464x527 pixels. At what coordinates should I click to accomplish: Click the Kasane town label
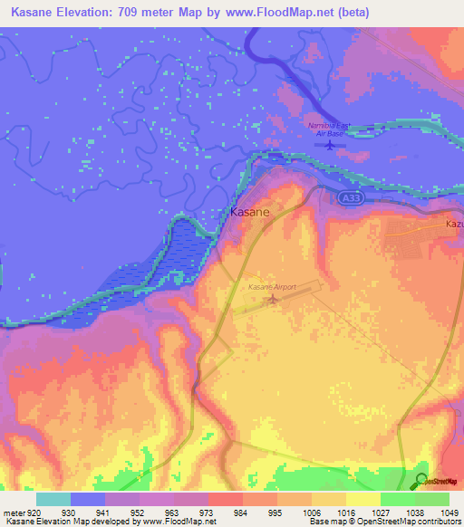point(248,211)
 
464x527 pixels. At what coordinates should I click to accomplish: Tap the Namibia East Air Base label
point(331,130)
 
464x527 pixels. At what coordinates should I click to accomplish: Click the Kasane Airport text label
point(273,287)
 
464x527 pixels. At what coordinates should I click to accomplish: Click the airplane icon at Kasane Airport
point(275,300)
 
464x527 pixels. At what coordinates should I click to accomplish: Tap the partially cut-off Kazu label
point(454,224)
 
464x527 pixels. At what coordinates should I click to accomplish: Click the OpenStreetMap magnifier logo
point(421,481)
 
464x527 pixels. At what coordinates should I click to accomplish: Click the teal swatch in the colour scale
point(53,499)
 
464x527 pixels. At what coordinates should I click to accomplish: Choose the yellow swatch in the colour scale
point(362,499)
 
